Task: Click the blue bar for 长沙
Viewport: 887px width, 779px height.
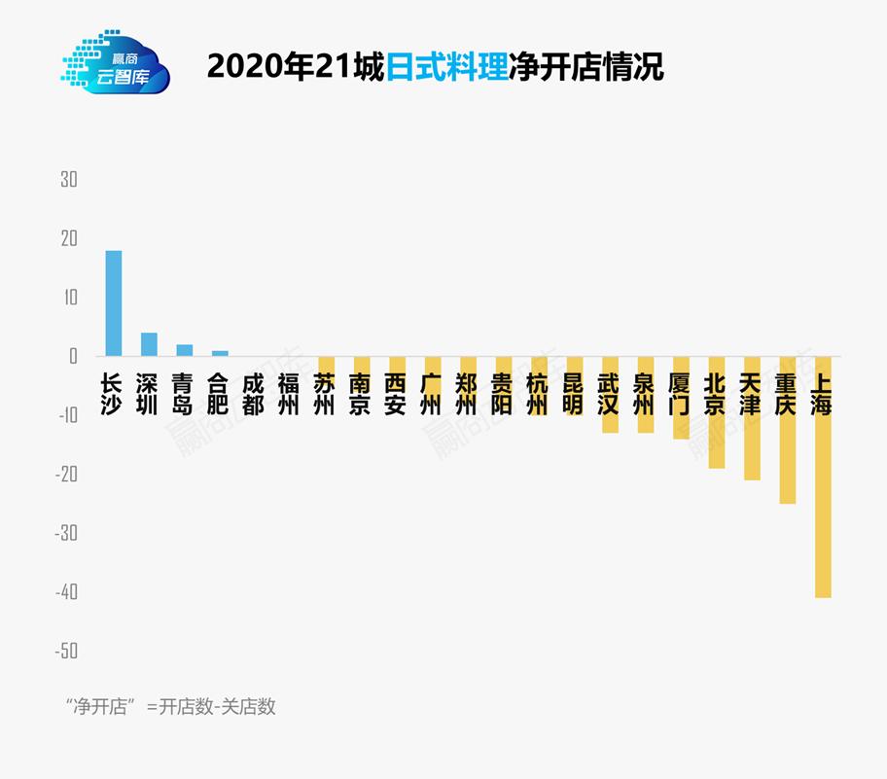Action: [x=114, y=303]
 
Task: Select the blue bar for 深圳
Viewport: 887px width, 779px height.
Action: [x=149, y=344]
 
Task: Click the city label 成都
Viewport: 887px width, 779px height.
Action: [x=253, y=394]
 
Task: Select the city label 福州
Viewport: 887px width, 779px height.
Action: [x=288, y=394]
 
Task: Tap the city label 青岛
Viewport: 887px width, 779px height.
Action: [x=183, y=394]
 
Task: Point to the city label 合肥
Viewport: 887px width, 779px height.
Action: [x=219, y=394]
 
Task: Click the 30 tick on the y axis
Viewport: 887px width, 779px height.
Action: [x=68, y=180]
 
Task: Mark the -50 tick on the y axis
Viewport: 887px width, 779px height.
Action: [x=66, y=651]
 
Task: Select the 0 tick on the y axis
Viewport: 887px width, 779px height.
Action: [x=72, y=357]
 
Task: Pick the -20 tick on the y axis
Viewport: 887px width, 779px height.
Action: [x=66, y=475]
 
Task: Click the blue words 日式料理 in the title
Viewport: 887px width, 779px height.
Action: [x=446, y=67]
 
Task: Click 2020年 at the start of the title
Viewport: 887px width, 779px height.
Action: [x=259, y=67]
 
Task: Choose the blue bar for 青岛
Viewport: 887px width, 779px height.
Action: [x=184, y=350]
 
